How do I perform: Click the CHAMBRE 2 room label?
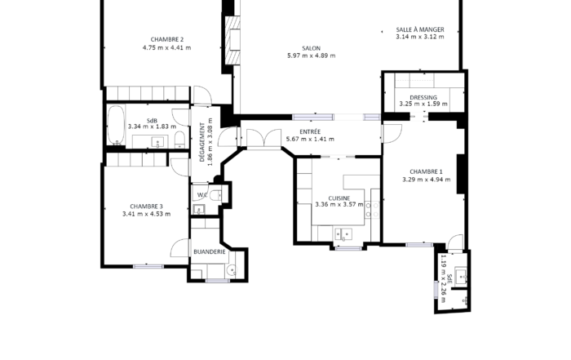pos(166,39)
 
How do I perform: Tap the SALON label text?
pos(312,48)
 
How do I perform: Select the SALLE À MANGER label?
pos(420,29)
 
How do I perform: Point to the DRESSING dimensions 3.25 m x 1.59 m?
pos(423,104)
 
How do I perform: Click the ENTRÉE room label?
pos(310,132)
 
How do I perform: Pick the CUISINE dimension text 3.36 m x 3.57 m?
pos(339,204)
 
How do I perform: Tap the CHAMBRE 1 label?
pos(426,171)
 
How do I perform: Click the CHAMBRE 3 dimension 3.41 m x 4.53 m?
pos(146,214)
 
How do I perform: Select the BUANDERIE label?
pos(210,251)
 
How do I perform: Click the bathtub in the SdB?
pos(116,125)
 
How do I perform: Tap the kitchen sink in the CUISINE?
pos(343,233)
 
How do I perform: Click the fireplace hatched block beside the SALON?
pos(232,40)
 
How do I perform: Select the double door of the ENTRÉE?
pos(263,139)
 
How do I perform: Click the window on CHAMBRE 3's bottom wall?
pos(148,266)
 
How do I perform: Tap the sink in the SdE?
pos(461,276)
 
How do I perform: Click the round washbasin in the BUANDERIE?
pos(231,270)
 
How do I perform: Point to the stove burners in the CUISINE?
pos(373,211)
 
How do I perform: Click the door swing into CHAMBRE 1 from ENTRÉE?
pos(392,134)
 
